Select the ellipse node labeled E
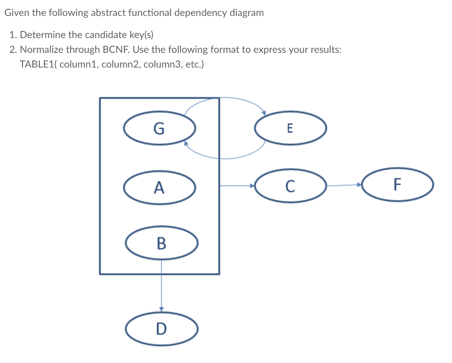point(290,128)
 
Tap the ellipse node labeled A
point(159,188)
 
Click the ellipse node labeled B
point(161,243)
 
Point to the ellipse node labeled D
point(161,328)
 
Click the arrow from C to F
point(344,185)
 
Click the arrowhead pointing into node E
point(264,113)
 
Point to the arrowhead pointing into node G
point(186,144)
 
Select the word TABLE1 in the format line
point(38,64)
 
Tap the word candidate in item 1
point(90,34)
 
